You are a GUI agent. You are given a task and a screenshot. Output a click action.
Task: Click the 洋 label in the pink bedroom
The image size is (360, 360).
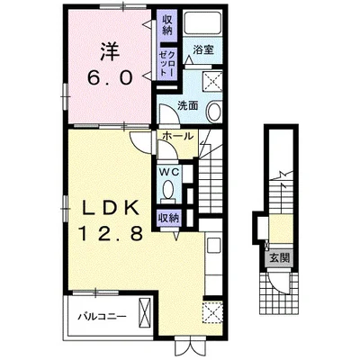[x=110, y=51]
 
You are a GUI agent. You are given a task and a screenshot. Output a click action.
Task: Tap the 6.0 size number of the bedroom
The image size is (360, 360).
[x=110, y=78]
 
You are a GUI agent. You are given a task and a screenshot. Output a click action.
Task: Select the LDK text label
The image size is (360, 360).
[x=110, y=208]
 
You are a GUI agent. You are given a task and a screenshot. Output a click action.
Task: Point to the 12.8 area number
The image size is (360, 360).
[x=110, y=233]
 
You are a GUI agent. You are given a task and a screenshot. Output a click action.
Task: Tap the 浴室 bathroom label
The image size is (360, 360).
[x=203, y=49]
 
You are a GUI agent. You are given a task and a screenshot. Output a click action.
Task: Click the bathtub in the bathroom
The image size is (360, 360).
[x=202, y=23]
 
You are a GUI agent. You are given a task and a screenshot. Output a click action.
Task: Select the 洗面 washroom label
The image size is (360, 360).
[x=187, y=105]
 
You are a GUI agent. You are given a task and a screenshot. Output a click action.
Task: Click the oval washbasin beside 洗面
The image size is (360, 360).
[x=214, y=112]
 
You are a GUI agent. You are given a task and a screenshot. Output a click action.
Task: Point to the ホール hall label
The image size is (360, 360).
[x=177, y=137]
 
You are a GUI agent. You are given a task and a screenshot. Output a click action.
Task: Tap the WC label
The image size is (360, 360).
[x=169, y=172]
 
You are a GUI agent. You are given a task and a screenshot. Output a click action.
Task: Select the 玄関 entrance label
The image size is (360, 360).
[x=280, y=258]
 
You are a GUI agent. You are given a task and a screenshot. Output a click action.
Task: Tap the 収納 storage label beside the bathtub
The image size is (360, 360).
[x=167, y=25]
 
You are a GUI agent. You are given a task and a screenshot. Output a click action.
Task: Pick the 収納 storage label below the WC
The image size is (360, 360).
[x=169, y=218]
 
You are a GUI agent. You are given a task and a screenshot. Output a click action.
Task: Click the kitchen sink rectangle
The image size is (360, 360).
[x=214, y=246]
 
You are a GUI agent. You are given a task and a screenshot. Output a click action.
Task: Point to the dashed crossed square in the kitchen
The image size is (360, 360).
[x=212, y=312]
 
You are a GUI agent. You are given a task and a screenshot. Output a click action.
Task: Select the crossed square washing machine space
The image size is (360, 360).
[x=212, y=81]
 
